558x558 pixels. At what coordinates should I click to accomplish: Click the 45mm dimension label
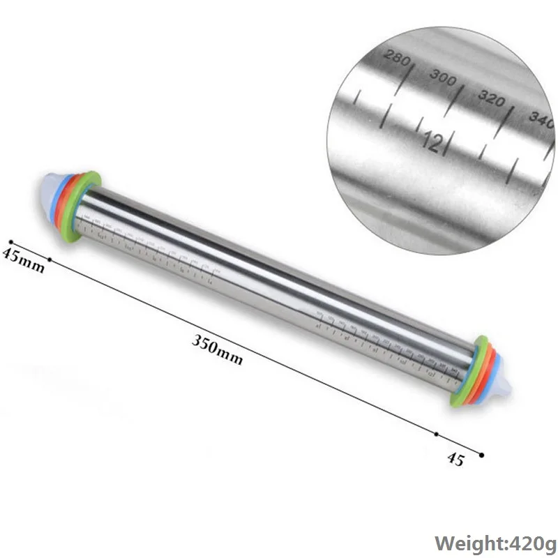pyautogui.click(x=22, y=259)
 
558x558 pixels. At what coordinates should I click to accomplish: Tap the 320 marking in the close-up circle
pyautogui.click(x=491, y=98)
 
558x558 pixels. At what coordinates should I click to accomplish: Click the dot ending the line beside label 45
pyautogui.click(x=481, y=455)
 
